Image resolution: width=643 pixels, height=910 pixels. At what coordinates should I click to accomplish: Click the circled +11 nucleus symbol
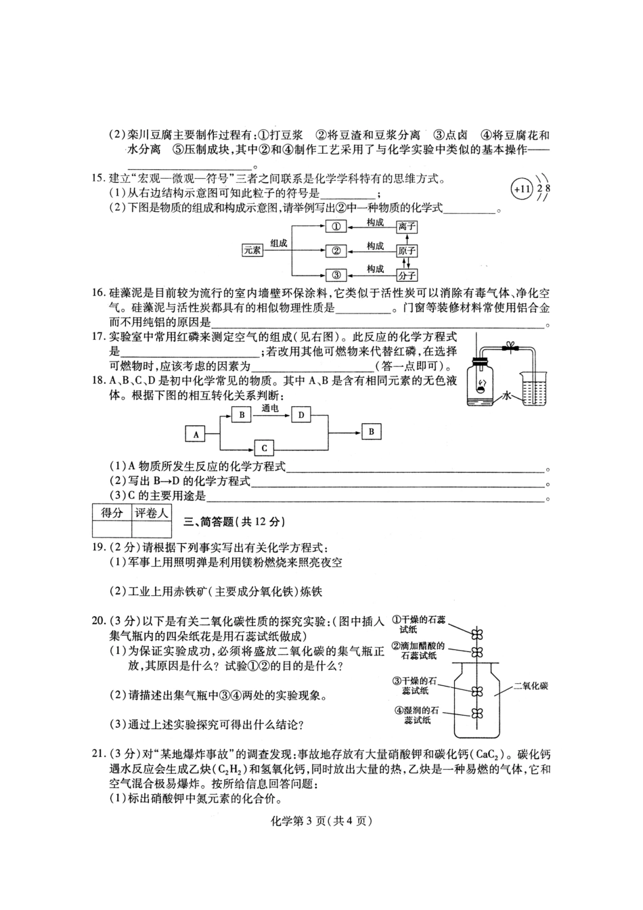(x=520, y=189)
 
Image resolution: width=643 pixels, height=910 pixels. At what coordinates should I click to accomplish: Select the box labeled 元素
(x=252, y=251)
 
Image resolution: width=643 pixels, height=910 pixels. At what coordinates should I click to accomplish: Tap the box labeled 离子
(x=407, y=227)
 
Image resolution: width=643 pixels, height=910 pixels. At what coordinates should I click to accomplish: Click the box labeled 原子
(x=407, y=251)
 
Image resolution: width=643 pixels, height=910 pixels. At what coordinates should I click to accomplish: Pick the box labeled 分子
(x=407, y=275)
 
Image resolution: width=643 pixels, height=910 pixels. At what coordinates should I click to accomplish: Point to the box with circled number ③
(x=336, y=275)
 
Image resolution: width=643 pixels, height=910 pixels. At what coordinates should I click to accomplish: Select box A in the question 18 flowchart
(x=196, y=434)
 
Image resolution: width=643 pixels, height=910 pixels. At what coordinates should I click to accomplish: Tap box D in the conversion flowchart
(x=302, y=414)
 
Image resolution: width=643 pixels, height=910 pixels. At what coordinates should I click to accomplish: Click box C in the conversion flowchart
(x=264, y=448)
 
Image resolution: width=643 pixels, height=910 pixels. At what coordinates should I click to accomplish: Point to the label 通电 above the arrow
(x=270, y=408)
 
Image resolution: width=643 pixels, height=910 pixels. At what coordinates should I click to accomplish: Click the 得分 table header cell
(x=112, y=513)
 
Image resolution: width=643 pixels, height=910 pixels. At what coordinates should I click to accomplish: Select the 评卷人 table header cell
(x=151, y=513)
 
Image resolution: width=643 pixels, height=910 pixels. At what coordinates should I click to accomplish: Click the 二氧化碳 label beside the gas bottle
(x=531, y=686)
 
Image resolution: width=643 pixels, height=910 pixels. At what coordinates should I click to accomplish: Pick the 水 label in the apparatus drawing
(x=508, y=397)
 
